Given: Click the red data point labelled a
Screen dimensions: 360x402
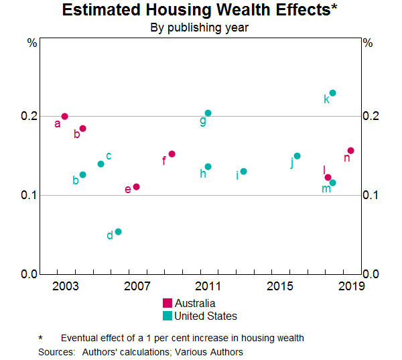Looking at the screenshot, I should point(65,117).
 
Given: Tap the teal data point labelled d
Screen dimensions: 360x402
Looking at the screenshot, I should point(119,232).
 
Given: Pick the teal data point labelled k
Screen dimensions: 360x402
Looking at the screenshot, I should point(333,93).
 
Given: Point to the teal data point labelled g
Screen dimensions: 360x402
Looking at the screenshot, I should point(208,113).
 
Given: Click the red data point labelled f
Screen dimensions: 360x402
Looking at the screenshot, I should point(172,154).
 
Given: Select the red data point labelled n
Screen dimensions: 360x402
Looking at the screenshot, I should point(350,151).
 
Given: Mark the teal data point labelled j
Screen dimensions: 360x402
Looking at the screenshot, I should point(297,156).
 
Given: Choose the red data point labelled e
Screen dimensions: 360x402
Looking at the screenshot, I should point(137,187).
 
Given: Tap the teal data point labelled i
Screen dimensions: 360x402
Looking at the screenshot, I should point(244,172).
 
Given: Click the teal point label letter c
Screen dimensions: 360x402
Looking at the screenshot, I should point(109,156).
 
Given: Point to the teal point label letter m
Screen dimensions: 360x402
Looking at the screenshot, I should point(326,189).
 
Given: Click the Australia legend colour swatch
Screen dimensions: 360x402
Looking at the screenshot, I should point(167,303).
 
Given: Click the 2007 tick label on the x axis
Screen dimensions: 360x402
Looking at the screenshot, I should point(137,286).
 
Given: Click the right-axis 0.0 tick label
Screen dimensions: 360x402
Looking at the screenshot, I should point(371,274).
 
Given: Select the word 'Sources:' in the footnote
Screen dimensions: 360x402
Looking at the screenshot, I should point(56,351).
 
